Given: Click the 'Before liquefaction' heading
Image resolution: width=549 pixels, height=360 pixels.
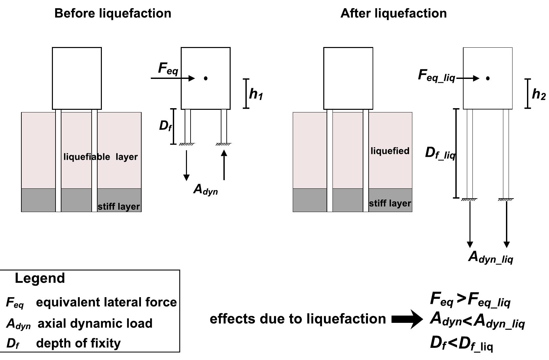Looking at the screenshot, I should [113, 13].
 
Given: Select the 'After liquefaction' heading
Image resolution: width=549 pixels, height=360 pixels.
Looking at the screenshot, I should [393, 13].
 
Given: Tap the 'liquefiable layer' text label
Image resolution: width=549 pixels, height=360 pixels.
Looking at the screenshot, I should [101, 157].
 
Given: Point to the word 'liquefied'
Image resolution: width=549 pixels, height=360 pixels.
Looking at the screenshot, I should [390, 151].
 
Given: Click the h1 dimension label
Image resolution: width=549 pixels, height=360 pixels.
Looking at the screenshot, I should [256, 94].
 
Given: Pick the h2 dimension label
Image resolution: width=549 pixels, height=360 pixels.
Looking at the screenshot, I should [538, 94].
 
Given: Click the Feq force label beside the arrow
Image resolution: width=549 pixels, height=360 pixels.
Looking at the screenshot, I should [168, 68].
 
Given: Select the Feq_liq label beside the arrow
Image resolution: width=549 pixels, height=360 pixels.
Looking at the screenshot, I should [436, 76].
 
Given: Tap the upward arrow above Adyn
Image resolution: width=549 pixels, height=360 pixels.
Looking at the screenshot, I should [224, 165].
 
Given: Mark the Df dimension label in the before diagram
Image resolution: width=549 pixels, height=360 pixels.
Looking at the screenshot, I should [165, 126].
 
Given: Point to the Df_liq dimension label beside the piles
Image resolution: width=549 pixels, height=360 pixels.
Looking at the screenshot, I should [440, 153].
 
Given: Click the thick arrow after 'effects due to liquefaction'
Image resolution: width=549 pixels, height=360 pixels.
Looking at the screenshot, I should [407, 319].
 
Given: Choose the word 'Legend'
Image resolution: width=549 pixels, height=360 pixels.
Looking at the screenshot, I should [40, 278].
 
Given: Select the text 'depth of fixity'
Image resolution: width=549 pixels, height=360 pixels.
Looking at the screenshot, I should [78, 343].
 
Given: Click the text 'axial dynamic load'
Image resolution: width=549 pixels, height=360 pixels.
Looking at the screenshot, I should [95, 324].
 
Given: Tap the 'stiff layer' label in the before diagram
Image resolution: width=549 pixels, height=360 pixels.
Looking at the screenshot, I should [119, 206].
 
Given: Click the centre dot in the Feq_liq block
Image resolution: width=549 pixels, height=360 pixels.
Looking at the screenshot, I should [488, 78].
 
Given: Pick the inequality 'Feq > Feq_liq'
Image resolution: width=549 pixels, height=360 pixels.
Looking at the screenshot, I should [470, 300].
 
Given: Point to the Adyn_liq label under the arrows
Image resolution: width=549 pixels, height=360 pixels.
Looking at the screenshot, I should [490, 257].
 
